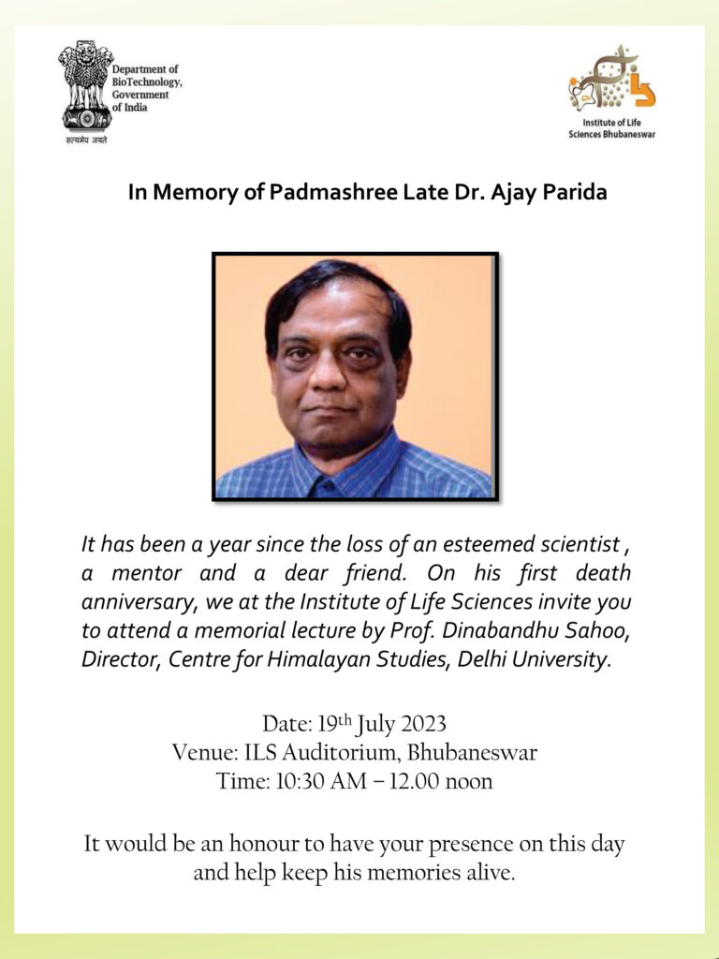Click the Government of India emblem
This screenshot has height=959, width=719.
point(84,86)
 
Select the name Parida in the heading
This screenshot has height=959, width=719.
point(574,193)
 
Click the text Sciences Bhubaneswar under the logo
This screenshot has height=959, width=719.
point(611,133)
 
